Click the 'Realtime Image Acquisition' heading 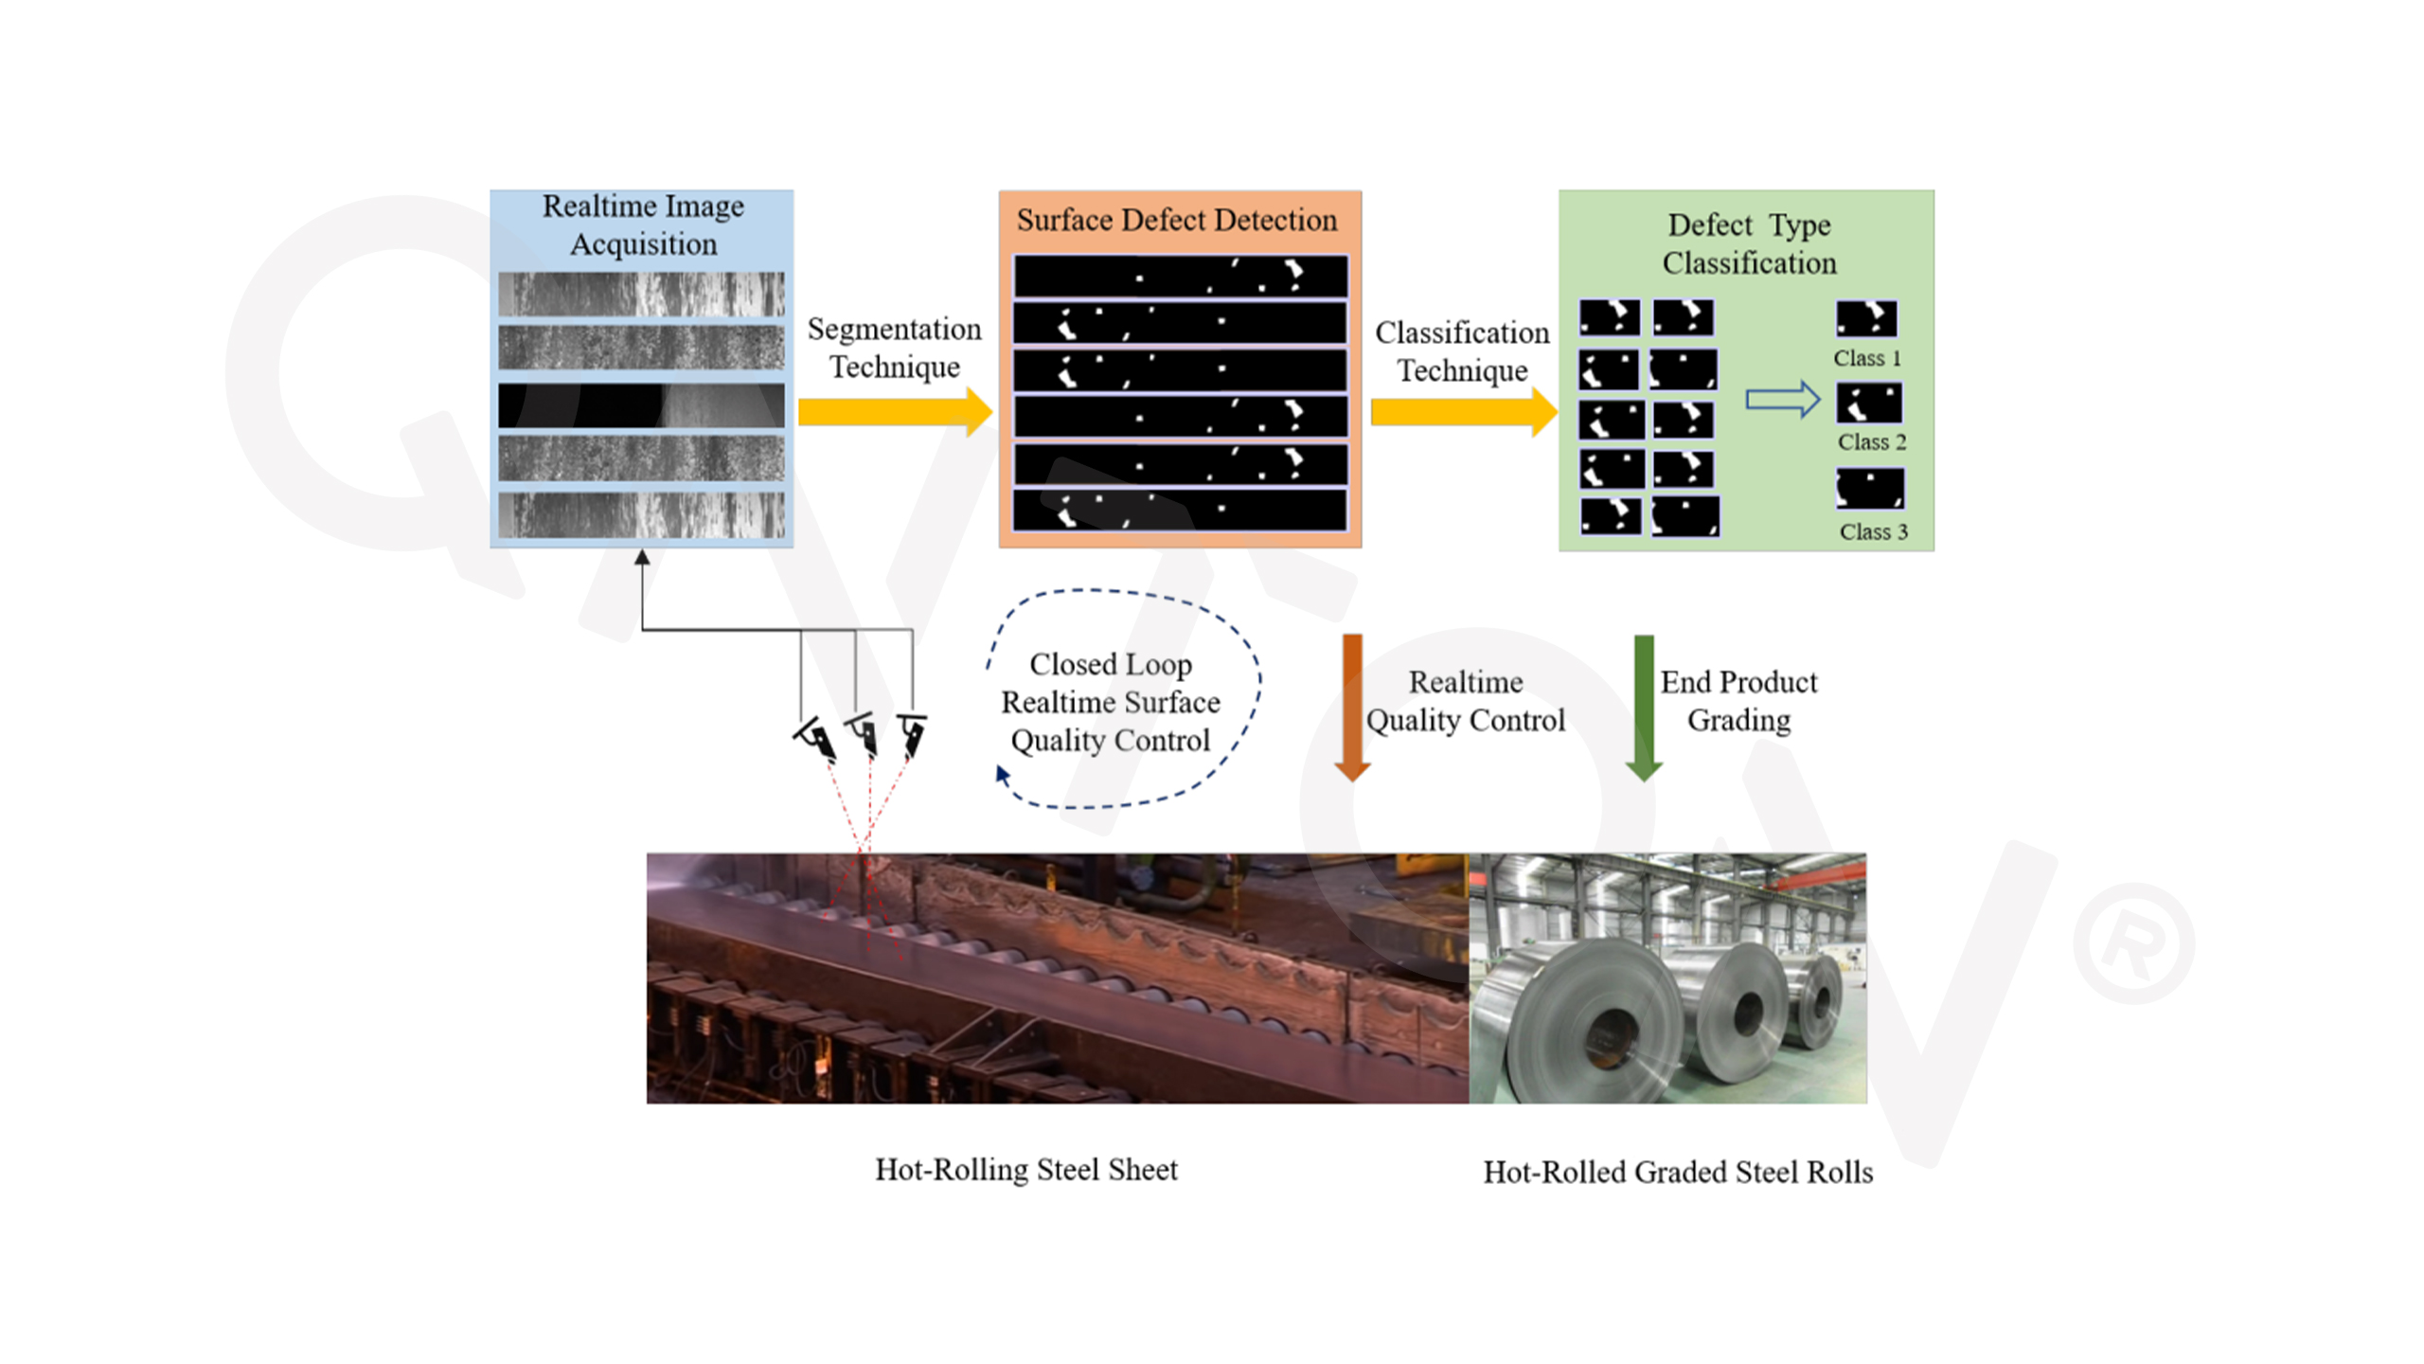pyautogui.click(x=643, y=224)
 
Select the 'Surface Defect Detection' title pyautogui.click(x=1177, y=220)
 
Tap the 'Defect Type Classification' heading pyautogui.click(x=1749, y=243)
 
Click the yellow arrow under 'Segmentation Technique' pyautogui.click(x=895, y=412)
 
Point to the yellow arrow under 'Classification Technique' pyautogui.click(x=1464, y=412)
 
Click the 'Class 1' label pyautogui.click(x=1867, y=358)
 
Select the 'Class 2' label pyautogui.click(x=1872, y=442)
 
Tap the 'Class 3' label pyautogui.click(x=1874, y=532)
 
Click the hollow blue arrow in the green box pyautogui.click(x=1783, y=400)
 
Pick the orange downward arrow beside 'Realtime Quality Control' pyautogui.click(x=1352, y=708)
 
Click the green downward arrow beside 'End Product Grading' pyautogui.click(x=1644, y=708)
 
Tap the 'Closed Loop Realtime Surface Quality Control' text pyautogui.click(x=1111, y=702)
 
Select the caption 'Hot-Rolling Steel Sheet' pyautogui.click(x=1026, y=1170)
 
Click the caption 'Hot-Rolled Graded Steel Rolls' pyautogui.click(x=1678, y=1173)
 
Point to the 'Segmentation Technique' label pyautogui.click(x=895, y=348)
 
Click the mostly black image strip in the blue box pyautogui.click(x=641, y=405)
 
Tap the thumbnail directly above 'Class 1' pyautogui.click(x=1866, y=319)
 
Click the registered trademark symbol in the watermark pyautogui.click(x=2134, y=943)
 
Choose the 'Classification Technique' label pyautogui.click(x=1463, y=351)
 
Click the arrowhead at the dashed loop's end pyautogui.click(x=1003, y=775)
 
